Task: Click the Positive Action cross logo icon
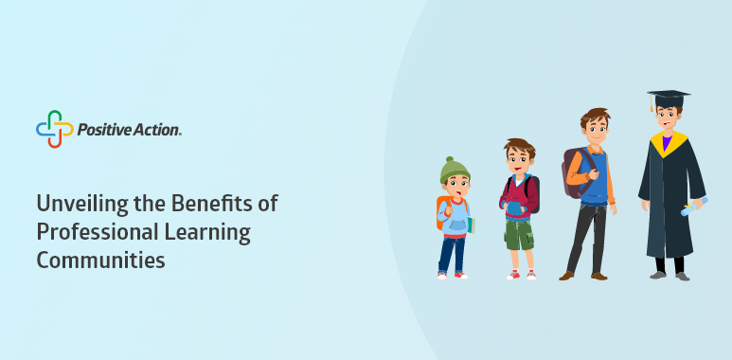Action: tap(55, 129)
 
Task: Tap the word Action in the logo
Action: tap(157, 130)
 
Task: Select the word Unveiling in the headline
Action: tap(73, 204)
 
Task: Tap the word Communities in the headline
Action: tap(100, 261)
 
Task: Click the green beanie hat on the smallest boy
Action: tap(455, 171)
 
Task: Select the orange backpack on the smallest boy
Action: tap(441, 212)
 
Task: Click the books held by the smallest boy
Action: tap(471, 225)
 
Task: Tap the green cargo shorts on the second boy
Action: tap(519, 234)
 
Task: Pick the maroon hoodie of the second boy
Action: tap(519, 197)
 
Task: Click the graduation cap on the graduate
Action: tap(669, 99)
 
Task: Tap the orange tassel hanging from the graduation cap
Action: tap(652, 102)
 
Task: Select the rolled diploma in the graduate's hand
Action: tap(694, 207)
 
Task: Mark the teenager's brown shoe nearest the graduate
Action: tap(598, 276)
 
